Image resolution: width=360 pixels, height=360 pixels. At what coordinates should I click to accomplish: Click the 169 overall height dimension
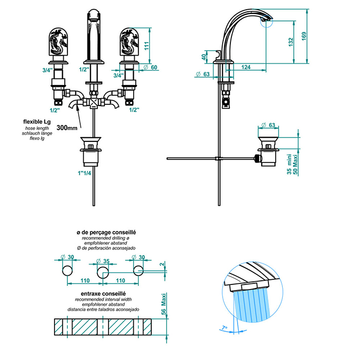[x=304, y=37]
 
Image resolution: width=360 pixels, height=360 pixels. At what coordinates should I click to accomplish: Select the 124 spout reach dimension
[x=246, y=67]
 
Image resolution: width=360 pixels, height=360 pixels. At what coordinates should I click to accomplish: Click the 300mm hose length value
[x=67, y=127]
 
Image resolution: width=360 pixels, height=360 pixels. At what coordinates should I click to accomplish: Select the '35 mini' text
[x=289, y=162]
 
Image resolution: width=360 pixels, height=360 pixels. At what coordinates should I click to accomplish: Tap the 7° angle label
[x=223, y=327]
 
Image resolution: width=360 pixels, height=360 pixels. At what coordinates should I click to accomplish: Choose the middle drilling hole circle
[x=103, y=271]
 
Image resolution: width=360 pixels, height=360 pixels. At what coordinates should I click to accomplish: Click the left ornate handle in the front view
[x=58, y=43]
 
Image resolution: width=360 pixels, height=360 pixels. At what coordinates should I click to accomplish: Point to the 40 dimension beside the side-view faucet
[x=204, y=57]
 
